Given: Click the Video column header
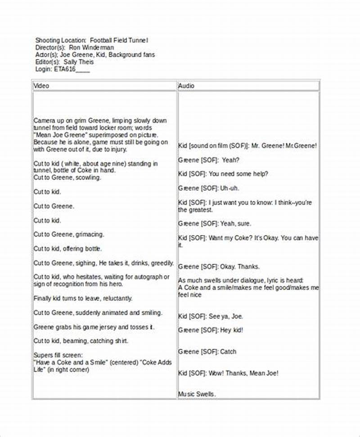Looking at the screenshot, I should (41, 85).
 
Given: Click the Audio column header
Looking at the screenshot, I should (186, 85).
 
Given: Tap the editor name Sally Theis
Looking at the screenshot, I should (79, 62).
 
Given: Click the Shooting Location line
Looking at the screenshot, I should (92, 40).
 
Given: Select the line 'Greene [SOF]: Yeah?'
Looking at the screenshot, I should (209, 160).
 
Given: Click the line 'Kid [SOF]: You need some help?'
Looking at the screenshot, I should (223, 174).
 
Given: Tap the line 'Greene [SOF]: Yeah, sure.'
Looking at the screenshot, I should (215, 223).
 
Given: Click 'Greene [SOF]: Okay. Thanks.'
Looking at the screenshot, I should (219, 267).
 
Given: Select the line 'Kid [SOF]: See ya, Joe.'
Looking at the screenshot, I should (211, 316).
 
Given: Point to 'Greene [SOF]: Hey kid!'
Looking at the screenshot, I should (211, 330).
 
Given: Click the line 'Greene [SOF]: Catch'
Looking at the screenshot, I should (207, 352).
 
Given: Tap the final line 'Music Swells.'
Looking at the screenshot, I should (197, 394).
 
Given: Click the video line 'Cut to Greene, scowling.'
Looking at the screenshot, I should (67, 178).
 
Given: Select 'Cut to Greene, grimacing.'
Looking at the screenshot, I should (69, 234).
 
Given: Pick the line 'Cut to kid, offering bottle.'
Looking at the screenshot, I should (67, 249).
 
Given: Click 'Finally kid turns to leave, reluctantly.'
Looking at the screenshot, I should (83, 299).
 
